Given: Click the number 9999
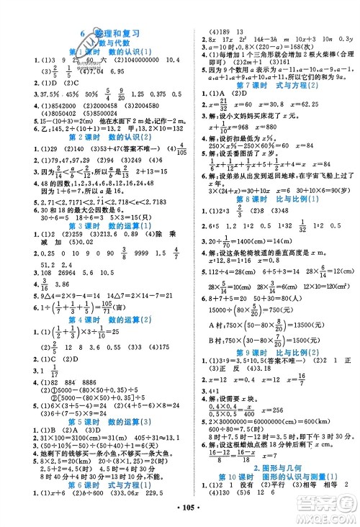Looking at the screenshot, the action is tap(138, 253).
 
